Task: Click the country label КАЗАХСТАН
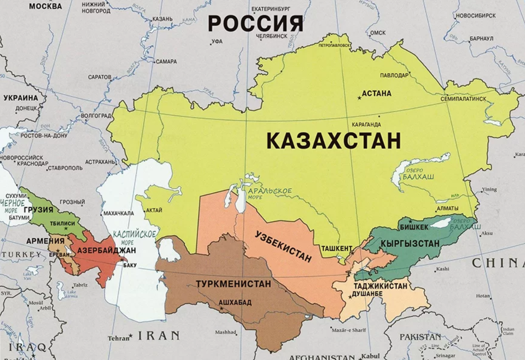pyautogui.click(x=333, y=141)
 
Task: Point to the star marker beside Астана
pyautogui.click(x=359, y=97)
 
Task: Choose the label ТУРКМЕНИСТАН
pyautogui.click(x=233, y=284)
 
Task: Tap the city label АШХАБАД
pyautogui.click(x=235, y=302)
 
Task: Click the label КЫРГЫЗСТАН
pyautogui.click(x=410, y=243)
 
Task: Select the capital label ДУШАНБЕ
pyautogui.click(x=367, y=293)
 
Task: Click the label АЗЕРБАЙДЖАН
pyautogui.click(x=106, y=251)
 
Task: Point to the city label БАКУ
pyautogui.click(x=130, y=265)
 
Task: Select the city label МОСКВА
pyautogui.click(x=45, y=6)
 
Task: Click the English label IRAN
pyautogui.click(x=159, y=335)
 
